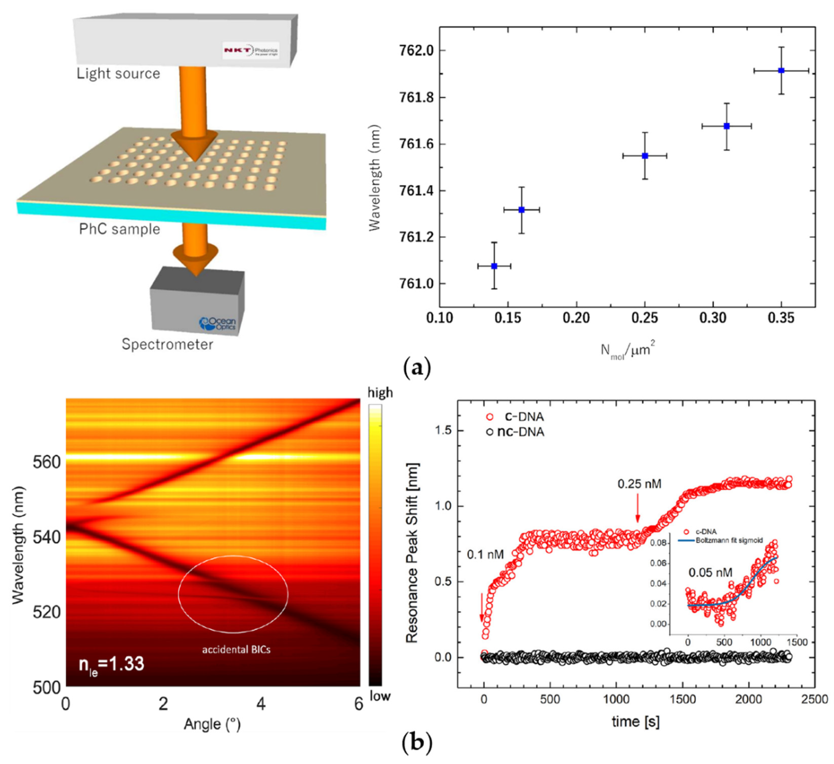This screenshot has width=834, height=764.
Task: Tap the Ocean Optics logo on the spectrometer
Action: [x=218, y=323]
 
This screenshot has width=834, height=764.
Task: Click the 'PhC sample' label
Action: [x=120, y=229]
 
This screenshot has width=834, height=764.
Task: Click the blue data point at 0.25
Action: [x=645, y=156]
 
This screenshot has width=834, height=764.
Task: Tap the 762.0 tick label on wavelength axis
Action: [x=415, y=51]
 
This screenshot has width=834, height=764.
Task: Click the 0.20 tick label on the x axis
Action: [x=576, y=318]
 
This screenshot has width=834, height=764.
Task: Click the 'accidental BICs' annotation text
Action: [x=236, y=650]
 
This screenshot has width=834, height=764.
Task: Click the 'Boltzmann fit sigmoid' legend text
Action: [x=730, y=540]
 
